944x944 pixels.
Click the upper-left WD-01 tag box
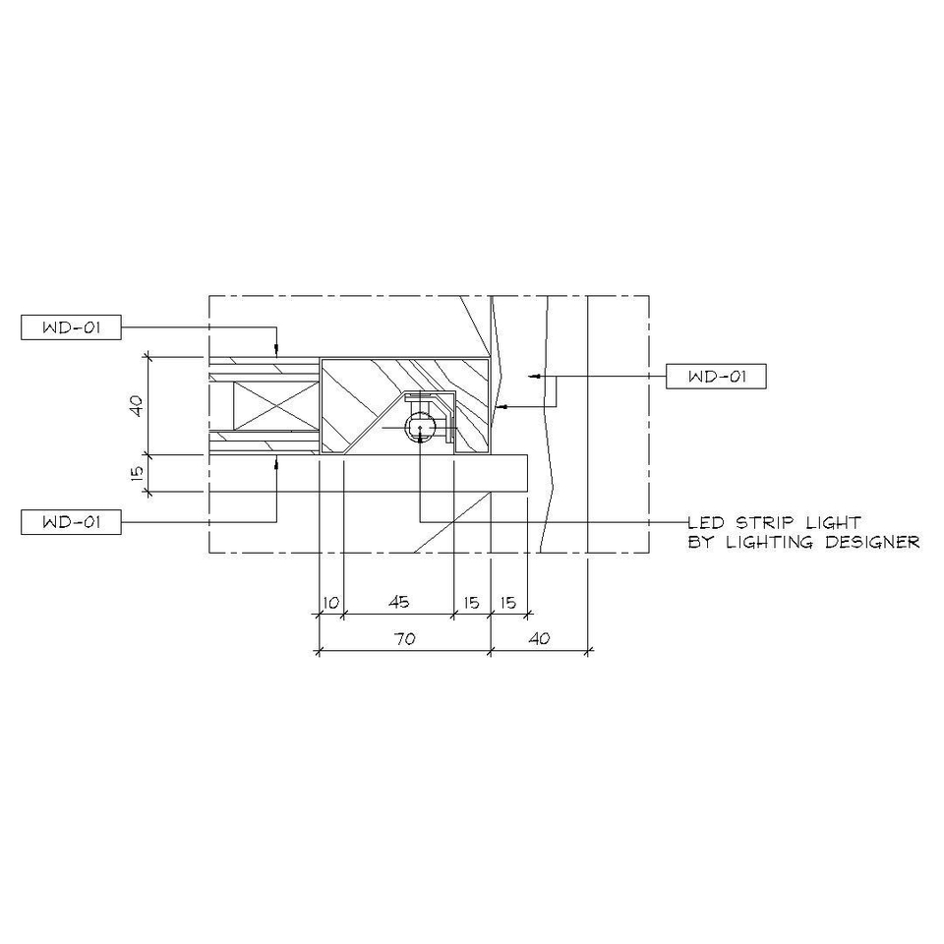(71, 327)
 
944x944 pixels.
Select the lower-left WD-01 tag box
(71, 522)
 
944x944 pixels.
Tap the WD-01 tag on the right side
(716, 377)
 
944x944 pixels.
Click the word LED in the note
(706, 522)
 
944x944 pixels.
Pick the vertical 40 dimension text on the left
(138, 405)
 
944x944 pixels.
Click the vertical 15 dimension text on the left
(138, 473)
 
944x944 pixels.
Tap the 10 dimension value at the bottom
(331, 602)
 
